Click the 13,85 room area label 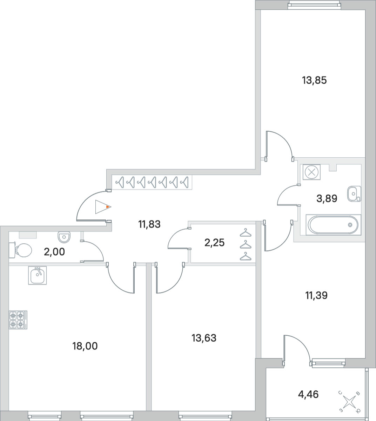click(x=314, y=80)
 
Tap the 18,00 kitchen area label click(x=85, y=346)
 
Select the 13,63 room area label click(x=204, y=338)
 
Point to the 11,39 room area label click(x=316, y=296)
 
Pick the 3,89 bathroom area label click(x=327, y=198)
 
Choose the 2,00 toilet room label click(x=54, y=252)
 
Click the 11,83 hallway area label click(x=149, y=224)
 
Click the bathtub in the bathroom click(x=333, y=224)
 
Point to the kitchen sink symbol click(x=37, y=275)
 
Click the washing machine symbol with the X click(x=311, y=172)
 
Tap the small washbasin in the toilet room click(x=64, y=237)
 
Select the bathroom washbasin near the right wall click(x=354, y=193)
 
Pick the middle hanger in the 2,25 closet click(x=246, y=244)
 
